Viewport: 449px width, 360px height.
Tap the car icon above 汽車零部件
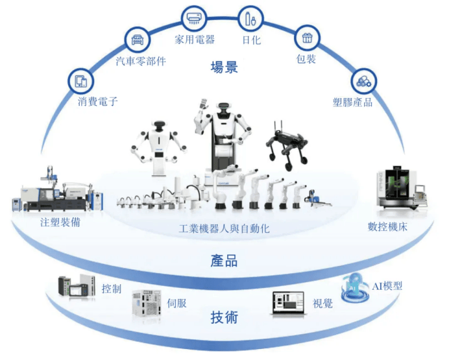(x=137, y=40)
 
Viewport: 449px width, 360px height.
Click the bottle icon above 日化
(x=249, y=18)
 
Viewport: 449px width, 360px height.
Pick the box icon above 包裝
(x=307, y=38)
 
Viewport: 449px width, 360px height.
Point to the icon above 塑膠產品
(x=361, y=81)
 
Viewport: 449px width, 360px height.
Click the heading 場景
(x=224, y=67)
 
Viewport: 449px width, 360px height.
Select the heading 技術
(x=224, y=317)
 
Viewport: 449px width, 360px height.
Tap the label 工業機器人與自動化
(x=224, y=229)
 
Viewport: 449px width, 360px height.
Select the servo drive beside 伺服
(x=147, y=304)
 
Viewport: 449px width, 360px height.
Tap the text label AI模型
(x=387, y=285)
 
